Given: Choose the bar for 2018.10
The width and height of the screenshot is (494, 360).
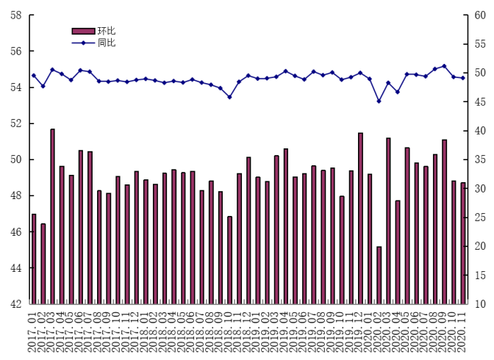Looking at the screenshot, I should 229,260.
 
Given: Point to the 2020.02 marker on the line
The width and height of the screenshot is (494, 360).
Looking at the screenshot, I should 379,101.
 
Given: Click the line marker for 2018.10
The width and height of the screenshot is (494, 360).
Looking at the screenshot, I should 229,97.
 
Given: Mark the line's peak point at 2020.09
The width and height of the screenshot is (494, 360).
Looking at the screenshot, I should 444,66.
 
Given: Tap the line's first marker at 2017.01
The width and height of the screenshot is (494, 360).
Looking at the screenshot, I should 34,76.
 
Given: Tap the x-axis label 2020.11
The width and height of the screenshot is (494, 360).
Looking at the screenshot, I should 463,331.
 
